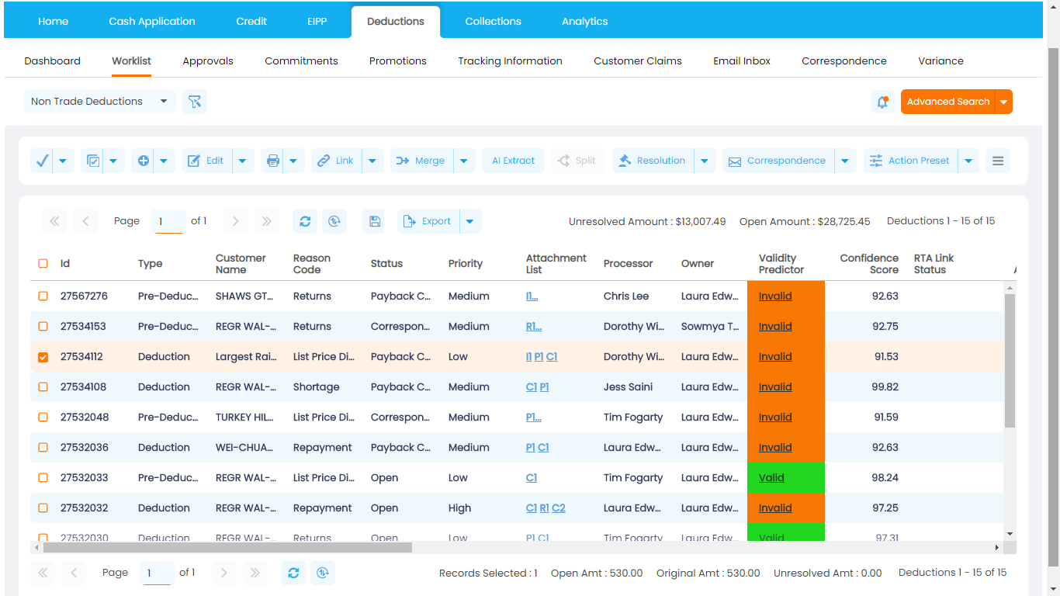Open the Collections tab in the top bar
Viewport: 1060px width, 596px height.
pyautogui.click(x=493, y=22)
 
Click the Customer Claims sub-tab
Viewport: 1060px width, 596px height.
pyautogui.click(x=637, y=61)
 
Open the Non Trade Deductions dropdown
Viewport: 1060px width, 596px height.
pyautogui.click(x=99, y=102)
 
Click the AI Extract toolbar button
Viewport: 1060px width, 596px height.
pyautogui.click(x=513, y=161)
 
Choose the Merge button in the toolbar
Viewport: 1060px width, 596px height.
pyautogui.click(x=421, y=161)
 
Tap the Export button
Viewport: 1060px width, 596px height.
pyautogui.click(x=428, y=221)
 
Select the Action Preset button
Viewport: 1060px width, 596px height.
pyautogui.click(x=910, y=161)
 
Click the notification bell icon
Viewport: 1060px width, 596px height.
pyautogui.click(x=882, y=102)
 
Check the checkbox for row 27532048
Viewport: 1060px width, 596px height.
pyautogui.click(x=43, y=418)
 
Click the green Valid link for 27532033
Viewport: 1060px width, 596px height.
pyautogui.click(x=771, y=478)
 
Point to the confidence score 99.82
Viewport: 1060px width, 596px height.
pyautogui.click(x=885, y=387)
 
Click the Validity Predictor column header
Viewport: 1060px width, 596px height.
pyautogui.click(x=781, y=264)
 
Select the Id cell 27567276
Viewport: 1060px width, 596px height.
pyautogui.click(x=84, y=296)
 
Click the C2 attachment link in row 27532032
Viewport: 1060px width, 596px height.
pyautogui.click(x=558, y=508)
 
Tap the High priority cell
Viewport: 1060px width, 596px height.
pyautogui.click(x=459, y=508)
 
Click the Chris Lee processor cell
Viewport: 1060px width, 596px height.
pyautogui.click(x=627, y=296)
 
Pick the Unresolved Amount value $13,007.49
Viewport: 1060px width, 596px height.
pyautogui.click(x=701, y=222)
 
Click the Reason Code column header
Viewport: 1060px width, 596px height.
pyautogui.click(x=312, y=264)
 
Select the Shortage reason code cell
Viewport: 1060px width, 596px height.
pyautogui.click(x=316, y=387)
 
